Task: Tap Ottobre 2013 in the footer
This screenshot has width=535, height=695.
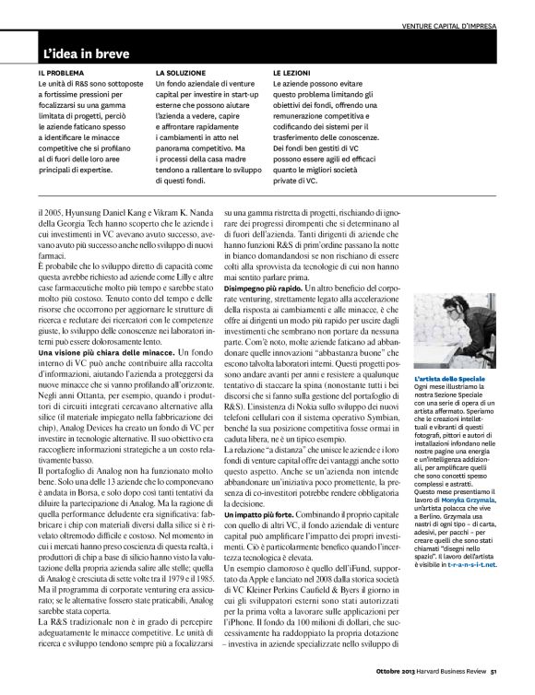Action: tap(398, 683)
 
